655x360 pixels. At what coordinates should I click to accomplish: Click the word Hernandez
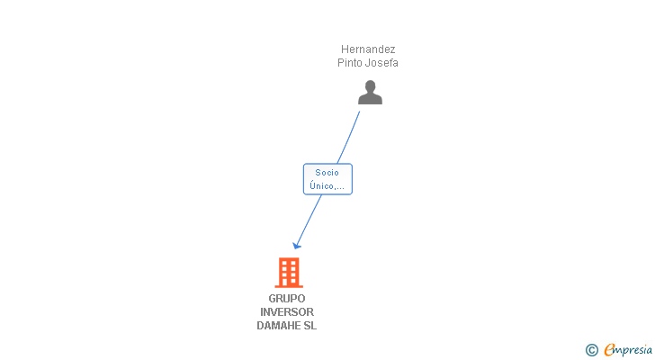point(368,49)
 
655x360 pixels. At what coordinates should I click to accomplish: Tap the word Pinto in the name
point(350,63)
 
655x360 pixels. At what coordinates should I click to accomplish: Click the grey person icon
point(370,93)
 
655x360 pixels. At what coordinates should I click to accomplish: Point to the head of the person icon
point(370,86)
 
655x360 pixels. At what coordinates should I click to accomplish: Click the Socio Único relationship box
point(327,179)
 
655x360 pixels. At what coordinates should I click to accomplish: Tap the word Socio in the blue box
point(327,173)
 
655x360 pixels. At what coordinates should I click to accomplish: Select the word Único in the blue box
point(321,185)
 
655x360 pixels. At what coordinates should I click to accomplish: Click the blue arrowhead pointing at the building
point(297,246)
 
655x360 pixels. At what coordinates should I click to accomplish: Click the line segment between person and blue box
point(348,138)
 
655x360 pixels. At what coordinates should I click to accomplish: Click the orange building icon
point(289,273)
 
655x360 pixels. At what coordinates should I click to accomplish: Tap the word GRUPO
point(286,299)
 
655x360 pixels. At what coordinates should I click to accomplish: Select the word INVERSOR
point(287,312)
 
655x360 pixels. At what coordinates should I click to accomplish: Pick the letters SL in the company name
point(310,326)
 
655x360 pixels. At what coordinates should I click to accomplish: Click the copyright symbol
point(591,350)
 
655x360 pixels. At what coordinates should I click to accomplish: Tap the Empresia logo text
point(628,350)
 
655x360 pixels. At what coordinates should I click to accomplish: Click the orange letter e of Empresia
point(609,349)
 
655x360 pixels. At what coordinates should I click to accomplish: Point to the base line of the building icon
point(289,286)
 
